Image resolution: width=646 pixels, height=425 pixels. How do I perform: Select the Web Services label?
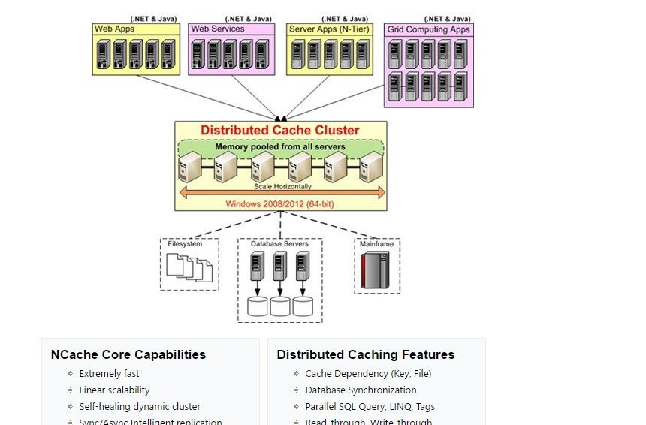[x=217, y=29]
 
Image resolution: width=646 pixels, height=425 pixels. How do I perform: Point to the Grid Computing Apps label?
[x=429, y=30]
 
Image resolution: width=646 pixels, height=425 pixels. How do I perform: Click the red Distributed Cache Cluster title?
[x=279, y=130]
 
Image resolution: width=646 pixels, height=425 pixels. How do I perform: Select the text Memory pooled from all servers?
[x=280, y=146]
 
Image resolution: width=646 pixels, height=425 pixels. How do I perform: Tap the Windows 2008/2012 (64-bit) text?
[x=280, y=203]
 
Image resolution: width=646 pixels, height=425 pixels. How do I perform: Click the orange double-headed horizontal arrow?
[x=281, y=194]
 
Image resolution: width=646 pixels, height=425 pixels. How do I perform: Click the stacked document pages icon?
[x=189, y=267]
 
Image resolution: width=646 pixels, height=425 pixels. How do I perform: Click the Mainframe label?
[x=376, y=244]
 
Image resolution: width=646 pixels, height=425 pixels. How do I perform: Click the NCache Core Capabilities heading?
[x=128, y=354]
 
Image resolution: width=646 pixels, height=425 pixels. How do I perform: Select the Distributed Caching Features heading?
[x=366, y=354]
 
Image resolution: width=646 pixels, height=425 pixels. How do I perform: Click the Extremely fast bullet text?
[x=109, y=373]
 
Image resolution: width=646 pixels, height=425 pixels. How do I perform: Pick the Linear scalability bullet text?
[x=114, y=390]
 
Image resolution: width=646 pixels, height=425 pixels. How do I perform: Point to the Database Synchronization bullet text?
[x=361, y=390]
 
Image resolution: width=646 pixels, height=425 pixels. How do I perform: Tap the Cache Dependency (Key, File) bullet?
[x=368, y=373]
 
